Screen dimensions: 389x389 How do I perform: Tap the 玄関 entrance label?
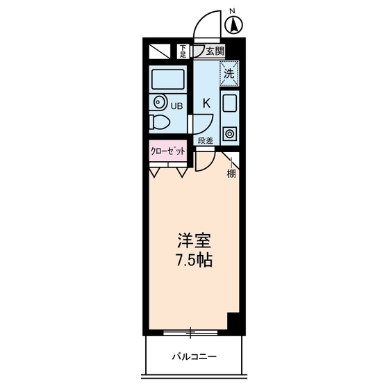(214, 51)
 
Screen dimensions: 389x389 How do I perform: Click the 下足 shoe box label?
(183, 50)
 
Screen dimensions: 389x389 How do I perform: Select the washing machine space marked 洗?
(229, 71)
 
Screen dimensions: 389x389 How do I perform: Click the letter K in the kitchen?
(206, 103)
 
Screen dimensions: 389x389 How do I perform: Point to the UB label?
(177, 106)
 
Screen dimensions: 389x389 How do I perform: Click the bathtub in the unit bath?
(167, 81)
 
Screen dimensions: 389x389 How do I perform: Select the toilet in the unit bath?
(158, 124)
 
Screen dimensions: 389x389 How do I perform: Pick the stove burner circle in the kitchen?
(230, 133)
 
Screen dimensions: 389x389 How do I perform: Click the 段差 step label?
(205, 140)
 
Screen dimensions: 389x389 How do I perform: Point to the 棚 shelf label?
(231, 174)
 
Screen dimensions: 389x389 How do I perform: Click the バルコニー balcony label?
(194, 357)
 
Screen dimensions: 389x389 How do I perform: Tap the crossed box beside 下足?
(160, 51)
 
